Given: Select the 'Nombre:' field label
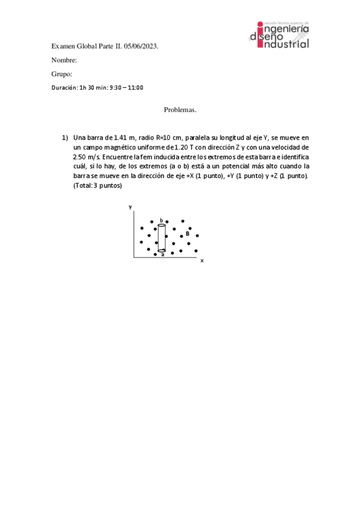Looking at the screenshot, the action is [x=64, y=60].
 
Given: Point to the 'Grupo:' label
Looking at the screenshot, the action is [x=62, y=74].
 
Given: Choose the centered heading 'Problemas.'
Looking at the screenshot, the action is [x=180, y=110].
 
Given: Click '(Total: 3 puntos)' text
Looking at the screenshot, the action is [x=97, y=185].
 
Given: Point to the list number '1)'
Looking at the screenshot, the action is [x=65, y=137].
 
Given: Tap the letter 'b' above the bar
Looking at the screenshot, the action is [x=161, y=220].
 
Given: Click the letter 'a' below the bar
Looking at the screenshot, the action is [x=162, y=255].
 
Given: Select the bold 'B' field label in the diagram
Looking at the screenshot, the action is [x=188, y=233].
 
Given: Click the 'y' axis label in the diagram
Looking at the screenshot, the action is [x=130, y=207].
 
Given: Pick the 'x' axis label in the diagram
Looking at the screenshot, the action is [x=202, y=260].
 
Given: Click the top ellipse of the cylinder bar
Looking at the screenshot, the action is [x=162, y=225].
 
